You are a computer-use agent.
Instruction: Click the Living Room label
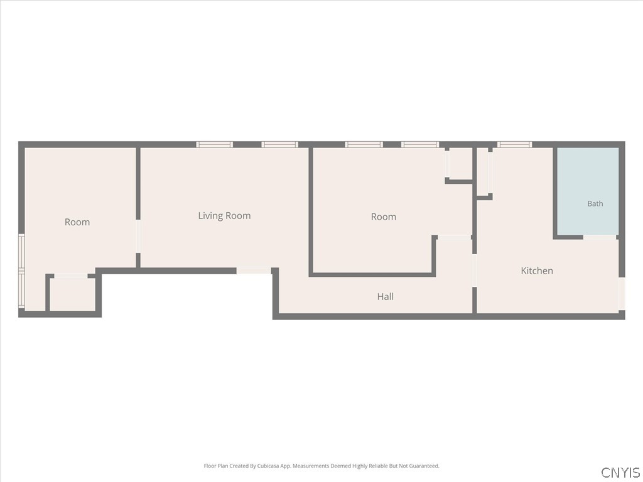(224, 216)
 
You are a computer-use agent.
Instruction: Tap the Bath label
(595, 203)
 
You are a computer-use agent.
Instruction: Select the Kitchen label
(537, 270)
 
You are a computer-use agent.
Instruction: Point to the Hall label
(386, 296)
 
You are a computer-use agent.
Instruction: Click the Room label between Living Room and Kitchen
(384, 217)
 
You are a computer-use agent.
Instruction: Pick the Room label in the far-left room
(77, 222)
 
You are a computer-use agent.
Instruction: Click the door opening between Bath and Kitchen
(600, 237)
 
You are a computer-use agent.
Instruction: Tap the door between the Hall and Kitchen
(475, 270)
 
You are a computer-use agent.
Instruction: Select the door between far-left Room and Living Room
(138, 237)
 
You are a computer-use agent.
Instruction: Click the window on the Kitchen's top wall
(515, 144)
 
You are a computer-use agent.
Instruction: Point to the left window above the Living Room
(215, 144)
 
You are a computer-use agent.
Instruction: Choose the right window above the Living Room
(279, 144)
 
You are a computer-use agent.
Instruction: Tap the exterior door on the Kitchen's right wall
(622, 294)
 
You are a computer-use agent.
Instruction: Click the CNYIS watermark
(620, 472)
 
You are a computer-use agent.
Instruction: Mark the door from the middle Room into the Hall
(455, 237)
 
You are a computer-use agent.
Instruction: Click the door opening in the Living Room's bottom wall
(254, 271)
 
